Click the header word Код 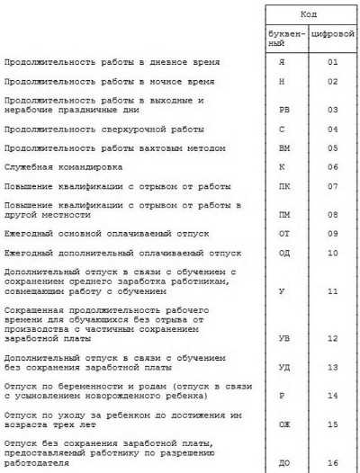(x=309, y=13)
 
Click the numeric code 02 (x=332, y=81)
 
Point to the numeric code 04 (x=332, y=129)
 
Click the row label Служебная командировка (x=62, y=167)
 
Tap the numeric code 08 (x=332, y=215)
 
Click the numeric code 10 (x=332, y=254)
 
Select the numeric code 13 (x=332, y=367)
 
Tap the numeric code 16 (x=332, y=463)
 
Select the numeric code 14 (x=332, y=396)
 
